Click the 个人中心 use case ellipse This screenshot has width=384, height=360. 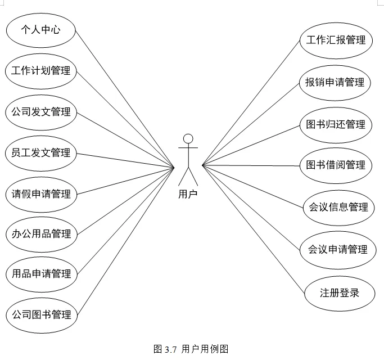[x=40, y=30]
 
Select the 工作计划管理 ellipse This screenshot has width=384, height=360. [x=41, y=71]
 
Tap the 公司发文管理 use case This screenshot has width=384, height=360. [x=41, y=112]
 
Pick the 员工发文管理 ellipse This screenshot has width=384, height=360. [x=41, y=152]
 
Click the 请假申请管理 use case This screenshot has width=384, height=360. [x=41, y=194]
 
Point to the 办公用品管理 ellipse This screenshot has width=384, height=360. [x=41, y=233]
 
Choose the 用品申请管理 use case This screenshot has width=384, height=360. [x=41, y=274]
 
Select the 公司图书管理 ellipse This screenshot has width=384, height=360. [x=41, y=314]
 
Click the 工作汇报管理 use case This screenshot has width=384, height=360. [x=336, y=40]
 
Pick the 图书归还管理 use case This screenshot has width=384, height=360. [x=336, y=124]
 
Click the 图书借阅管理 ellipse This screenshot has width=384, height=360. [x=336, y=165]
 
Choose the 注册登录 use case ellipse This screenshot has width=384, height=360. [x=339, y=292]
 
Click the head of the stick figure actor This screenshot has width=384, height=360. [x=188, y=138]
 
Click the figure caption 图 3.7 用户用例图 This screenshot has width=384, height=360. [x=191, y=349]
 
